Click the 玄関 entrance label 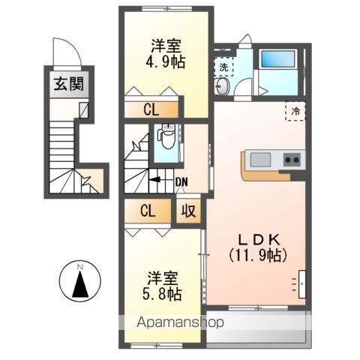point(69,84)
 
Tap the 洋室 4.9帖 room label point(166,54)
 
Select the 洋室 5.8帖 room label point(162,286)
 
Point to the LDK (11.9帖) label point(258,248)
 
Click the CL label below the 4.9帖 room point(151,109)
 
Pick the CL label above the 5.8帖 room point(148,211)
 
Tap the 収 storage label point(188,211)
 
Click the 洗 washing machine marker point(223,67)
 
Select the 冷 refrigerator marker point(295,111)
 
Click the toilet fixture point(166,137)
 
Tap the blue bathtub point(277,59)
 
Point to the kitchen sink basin point(260,160)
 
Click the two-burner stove point(292,160)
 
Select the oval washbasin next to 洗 point(222,86)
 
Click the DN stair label point(181,182)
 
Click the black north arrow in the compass point(80,283)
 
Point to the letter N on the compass point(80,267)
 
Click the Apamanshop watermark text point(181,322)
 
